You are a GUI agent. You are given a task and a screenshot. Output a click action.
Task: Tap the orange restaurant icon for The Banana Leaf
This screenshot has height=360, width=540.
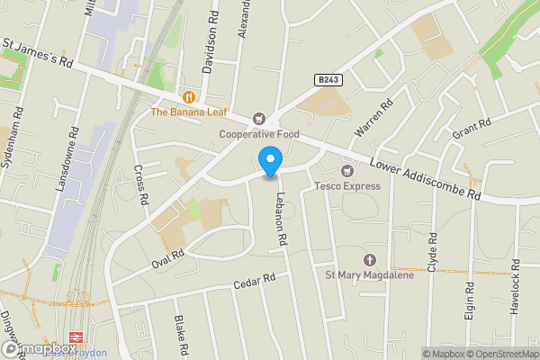tap(188, 97)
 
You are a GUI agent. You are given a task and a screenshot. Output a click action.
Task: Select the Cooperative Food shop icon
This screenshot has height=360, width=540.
tap(260, 119)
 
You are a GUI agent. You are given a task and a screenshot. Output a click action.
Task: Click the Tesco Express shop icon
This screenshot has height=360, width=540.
tap(346, 170)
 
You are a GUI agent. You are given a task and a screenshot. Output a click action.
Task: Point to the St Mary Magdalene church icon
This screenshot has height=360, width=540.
tap(369, 258)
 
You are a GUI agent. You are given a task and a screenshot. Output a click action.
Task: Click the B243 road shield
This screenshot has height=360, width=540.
tap(328, 80)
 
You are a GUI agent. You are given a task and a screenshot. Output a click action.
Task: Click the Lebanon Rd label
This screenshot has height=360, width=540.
tap(282, 220)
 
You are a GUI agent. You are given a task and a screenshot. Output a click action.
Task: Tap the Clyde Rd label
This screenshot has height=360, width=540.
tap(433, 255)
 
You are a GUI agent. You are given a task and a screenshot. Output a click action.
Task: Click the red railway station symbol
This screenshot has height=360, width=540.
tap(75, 349)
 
